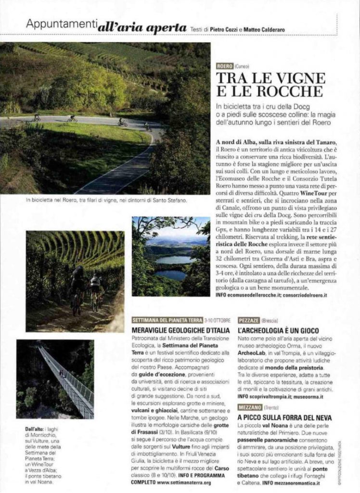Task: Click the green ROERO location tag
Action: coord(225,65)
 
